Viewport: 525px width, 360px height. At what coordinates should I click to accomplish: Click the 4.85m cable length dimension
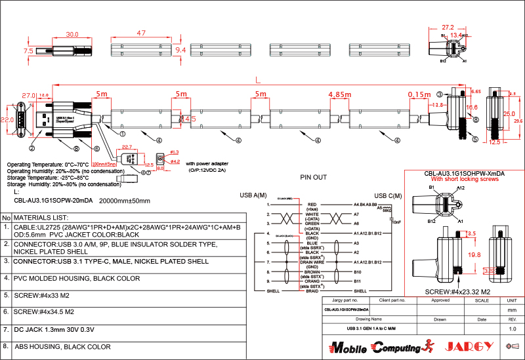[x=340, y=94]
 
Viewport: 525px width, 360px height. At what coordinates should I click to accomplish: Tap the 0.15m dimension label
[x=419, y=94]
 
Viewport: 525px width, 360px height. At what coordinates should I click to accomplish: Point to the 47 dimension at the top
[x=141, y=33]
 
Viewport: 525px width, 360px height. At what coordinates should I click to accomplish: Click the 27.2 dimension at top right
[x=448, y=28]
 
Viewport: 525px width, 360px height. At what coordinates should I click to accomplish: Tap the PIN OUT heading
[x=313, y=177]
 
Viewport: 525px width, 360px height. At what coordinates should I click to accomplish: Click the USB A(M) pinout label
[x=253, y=195]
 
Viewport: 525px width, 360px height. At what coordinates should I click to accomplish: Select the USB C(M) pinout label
[x=388, y=195]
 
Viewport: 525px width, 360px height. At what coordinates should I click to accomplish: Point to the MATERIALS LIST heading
[x=41, y=217]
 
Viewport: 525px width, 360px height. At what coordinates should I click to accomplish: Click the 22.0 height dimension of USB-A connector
[x=7, y=120]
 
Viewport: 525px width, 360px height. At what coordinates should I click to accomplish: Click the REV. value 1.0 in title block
[x=513, y=329]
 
